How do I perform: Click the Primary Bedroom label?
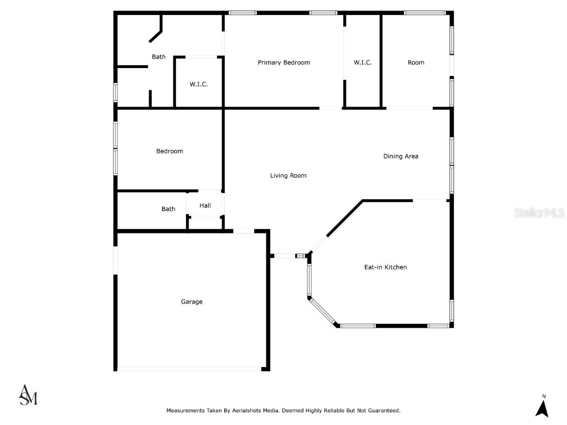tap(283, 63)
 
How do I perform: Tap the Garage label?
tap(192, 302)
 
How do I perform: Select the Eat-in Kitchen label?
tap(385, 267)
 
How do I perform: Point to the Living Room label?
tap(288, 175)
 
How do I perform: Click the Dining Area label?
tap(401, 156)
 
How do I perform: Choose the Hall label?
tap(205, 206)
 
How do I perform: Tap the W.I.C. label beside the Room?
tap(363, 63)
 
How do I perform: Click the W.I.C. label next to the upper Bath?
tap(199, 84)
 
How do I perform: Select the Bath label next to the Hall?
tap(168, 209)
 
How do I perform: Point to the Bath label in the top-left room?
tap(159, 56)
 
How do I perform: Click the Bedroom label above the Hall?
tap(169, 151)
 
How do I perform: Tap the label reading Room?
tap(416, 63)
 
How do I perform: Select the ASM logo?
tap(28, 395)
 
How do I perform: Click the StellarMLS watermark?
tap(539, 212)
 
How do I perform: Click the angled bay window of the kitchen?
tap(323, 311)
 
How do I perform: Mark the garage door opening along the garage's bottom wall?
tap(189, 369)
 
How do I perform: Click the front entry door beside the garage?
tap(285, 256)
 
